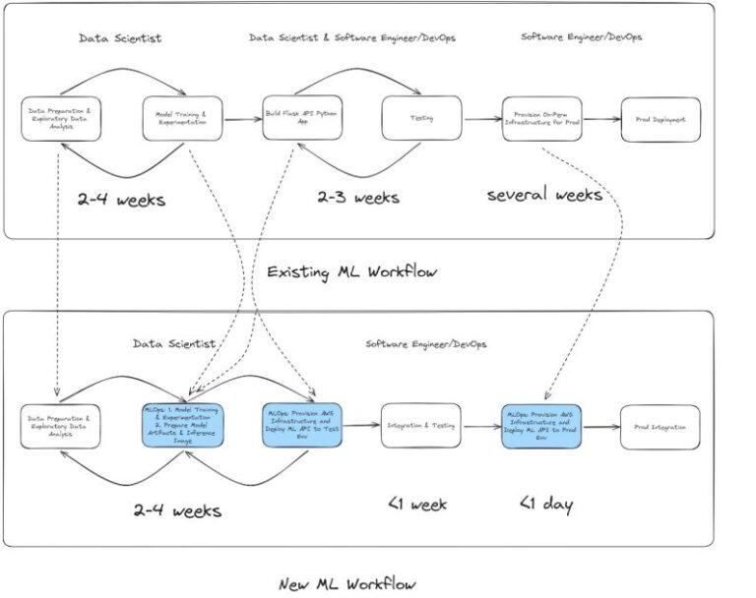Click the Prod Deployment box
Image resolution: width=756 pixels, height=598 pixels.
[661, 119]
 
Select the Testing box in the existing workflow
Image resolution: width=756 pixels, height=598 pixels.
[421, 119]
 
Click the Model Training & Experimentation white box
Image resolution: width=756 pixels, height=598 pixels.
[182, 119]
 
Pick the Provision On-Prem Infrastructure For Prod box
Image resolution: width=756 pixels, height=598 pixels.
[541, 119]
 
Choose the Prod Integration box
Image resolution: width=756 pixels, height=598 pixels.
[661, 427]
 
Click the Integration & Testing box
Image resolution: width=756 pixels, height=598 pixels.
[421, 427]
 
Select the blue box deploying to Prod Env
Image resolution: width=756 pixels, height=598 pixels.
[541, 427]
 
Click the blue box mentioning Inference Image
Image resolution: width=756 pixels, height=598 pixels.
[182, 427]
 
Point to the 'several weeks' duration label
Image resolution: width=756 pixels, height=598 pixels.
[544, 195]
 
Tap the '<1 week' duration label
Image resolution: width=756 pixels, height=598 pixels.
[416, 505]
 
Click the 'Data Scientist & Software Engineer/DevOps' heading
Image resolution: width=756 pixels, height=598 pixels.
[352, 37]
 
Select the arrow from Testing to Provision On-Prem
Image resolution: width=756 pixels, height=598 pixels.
[482, 120]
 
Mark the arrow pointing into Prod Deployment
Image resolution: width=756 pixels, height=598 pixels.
[601, 120]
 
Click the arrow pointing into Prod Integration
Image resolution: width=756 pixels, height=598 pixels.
[601, 428]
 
